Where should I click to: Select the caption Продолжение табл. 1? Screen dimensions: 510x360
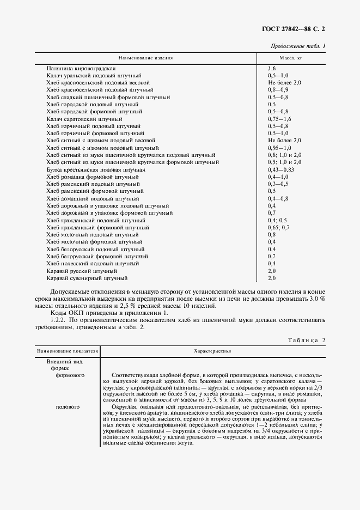[x=298, y=46]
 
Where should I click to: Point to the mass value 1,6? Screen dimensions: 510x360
[x=272, y=68]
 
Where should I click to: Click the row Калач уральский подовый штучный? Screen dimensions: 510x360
[x=94, y=75]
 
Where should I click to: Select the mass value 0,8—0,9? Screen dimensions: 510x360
[x=278, y=89]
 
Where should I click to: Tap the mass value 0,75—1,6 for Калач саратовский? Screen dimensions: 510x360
[x=280, y=118]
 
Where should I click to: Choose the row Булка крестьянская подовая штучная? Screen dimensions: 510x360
[x=96, y=169]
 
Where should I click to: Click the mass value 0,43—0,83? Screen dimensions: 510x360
[x=281, y=169]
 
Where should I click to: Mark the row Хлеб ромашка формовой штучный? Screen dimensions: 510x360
[x=93, y=177]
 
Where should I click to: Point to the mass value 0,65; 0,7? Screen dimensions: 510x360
[x=279, y=227]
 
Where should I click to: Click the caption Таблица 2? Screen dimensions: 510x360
[x=306, y=341]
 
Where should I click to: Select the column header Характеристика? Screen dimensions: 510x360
[x=212, y=351]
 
